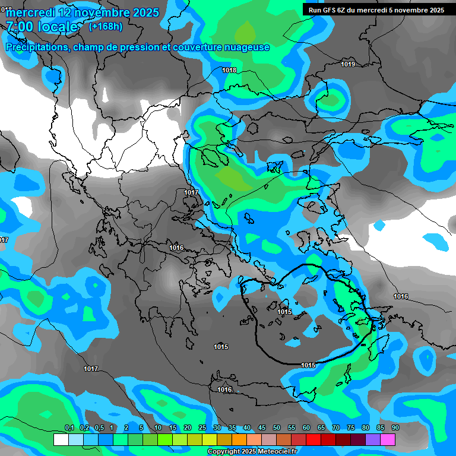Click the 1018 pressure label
[x=229, y=70]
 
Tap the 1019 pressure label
[x=348, y=64]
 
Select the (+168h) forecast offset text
[x=106, y=26]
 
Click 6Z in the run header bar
[x=341, y=9]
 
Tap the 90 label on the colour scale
[x=395, y=427]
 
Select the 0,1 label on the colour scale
[x=69, y=427]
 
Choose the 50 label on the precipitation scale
[x=277, y=427]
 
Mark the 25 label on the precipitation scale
[x=202, y=427]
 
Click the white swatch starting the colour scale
[x=61, y=439]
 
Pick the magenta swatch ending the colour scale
[x=388, y=439]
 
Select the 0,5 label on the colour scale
[x=99, y=427]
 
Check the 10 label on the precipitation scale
[x=158, y=427]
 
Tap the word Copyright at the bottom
[x=224, y=452]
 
